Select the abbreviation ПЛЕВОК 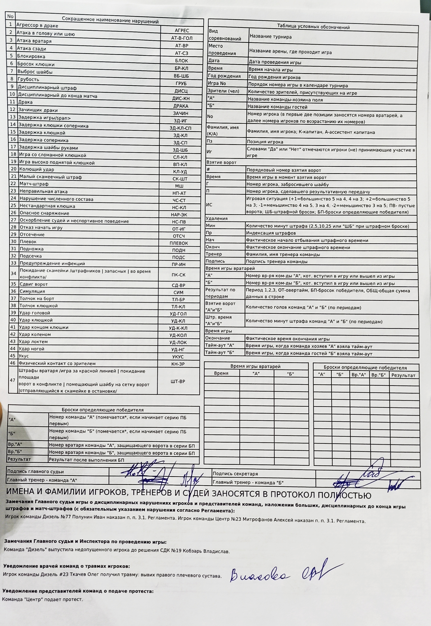click(178, 243)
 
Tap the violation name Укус click(24, 356)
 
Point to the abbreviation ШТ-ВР click(178, 381)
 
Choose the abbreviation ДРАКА click(181, 106)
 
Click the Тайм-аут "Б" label click(219, 352)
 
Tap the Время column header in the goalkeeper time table click(221, 373)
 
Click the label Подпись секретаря click(235, 474)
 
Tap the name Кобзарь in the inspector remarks click(193, 551)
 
